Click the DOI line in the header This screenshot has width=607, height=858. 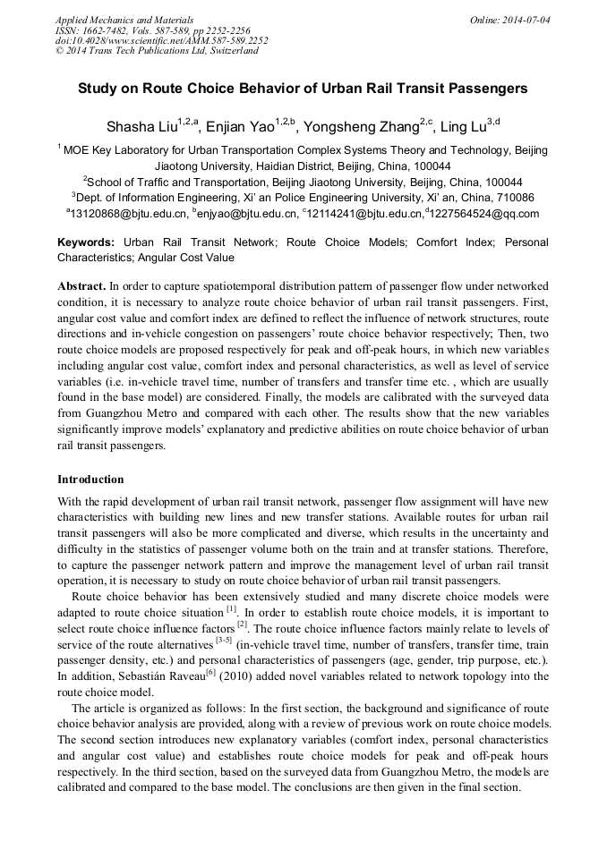(161, 40)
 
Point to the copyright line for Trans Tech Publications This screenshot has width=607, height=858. (157, 51)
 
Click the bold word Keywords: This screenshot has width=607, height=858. (86, 242)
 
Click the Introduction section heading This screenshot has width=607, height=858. (90, 480)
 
